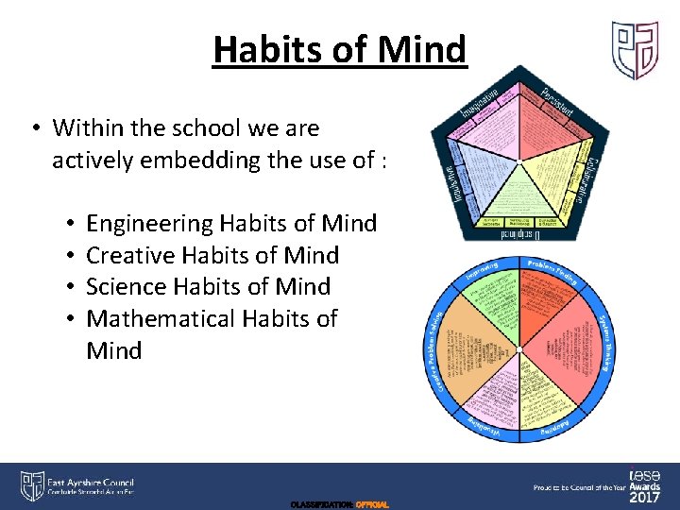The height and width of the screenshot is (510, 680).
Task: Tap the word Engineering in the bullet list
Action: [149, 224]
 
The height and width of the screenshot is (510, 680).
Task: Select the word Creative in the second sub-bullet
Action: [132, 255]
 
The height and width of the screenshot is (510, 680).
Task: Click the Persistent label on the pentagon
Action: [557, 102]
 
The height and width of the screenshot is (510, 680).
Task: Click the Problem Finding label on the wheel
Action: [552, 271]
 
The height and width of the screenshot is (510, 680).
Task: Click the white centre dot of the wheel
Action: [518, 350]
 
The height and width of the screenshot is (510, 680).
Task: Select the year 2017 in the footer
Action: [645, 497]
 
